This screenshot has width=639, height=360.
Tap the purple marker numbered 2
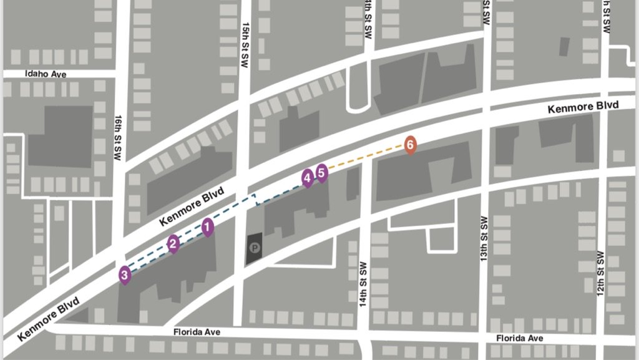tap(173, 243)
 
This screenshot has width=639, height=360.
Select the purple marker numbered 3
tap(125, 274)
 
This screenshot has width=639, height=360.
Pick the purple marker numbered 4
tap(307, 178)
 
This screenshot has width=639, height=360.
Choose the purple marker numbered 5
tap(321, 172)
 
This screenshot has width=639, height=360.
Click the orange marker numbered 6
tap(409, 145)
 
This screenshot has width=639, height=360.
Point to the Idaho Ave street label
tap(46, 74)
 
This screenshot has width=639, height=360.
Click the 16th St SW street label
tap(118, 138)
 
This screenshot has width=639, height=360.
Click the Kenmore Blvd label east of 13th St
tap(583, 107)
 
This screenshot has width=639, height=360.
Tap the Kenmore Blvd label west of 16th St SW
tap(49, 318)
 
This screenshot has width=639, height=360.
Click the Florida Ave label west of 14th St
tap(197, 333)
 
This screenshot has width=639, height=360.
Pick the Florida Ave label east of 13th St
tap(519, 338)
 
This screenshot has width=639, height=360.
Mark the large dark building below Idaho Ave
tap(61, 136)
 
